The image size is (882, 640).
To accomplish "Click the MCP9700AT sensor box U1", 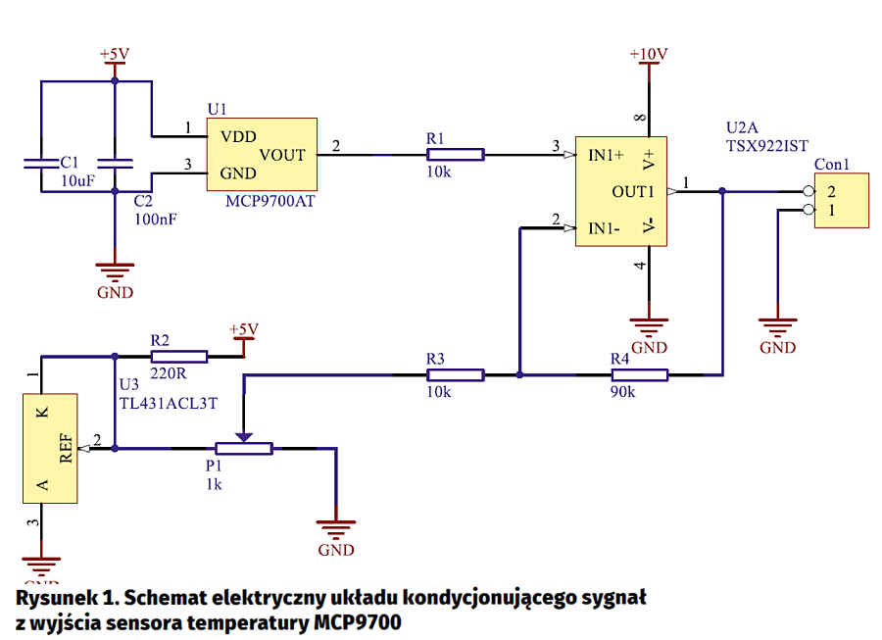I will click(x=262, y=154).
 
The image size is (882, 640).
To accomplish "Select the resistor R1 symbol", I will click(x=455, y=154).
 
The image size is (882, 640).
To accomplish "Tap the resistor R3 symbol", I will click(x=455, y=374).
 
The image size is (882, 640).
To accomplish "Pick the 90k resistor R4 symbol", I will click(x=639, y=374).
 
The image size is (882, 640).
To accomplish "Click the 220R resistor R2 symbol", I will click(x=178, y=357).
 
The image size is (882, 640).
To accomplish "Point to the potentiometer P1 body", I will click(x=244, y=449).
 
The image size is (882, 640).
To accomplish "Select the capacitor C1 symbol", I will click(x=41, y=162).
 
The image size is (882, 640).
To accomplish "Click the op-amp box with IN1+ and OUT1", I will click(x=620, y=191).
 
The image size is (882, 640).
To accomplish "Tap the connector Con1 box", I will click(x=842, y=201).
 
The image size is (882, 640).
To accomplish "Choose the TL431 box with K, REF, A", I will click(x=51, y=447).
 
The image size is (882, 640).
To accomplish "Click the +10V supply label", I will click(x=648, y=55).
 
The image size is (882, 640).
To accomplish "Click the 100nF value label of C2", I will click(x=156, y=220).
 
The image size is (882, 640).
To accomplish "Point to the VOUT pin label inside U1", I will click(x=282, y=155).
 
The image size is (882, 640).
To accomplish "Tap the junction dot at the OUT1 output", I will click(x=722, y=191).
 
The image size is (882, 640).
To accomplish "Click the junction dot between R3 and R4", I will click(x=519, y=374).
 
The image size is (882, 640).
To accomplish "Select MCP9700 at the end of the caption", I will click(x=357, y=621).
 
